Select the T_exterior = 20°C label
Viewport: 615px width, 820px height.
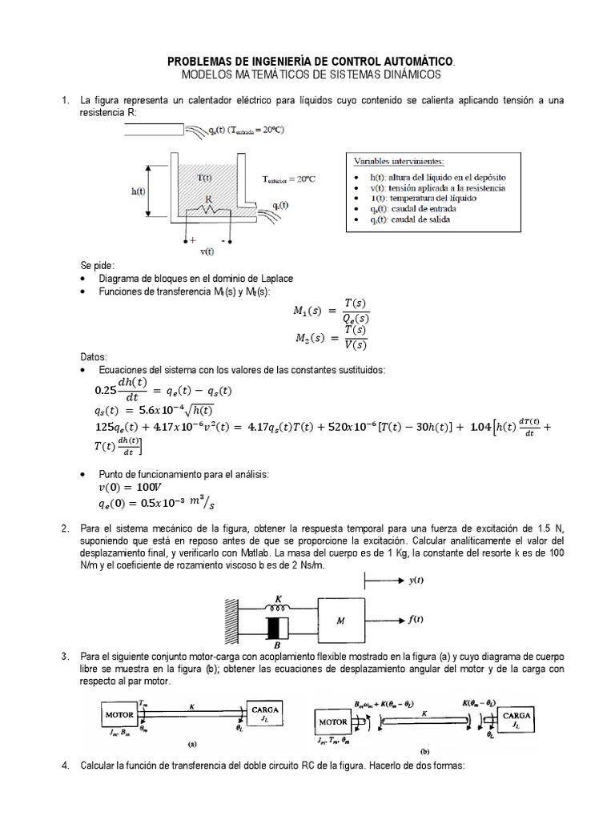click(x=288, y=179)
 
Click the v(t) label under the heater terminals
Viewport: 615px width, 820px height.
click(x=207, y=251)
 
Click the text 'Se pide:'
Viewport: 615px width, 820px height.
click(x=97, y=264)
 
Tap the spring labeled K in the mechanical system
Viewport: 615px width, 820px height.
click(x=279, y=606)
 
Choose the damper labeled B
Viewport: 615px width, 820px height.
click(x=277, y=631)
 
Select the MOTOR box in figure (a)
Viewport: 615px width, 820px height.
click(x=118, y=712)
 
